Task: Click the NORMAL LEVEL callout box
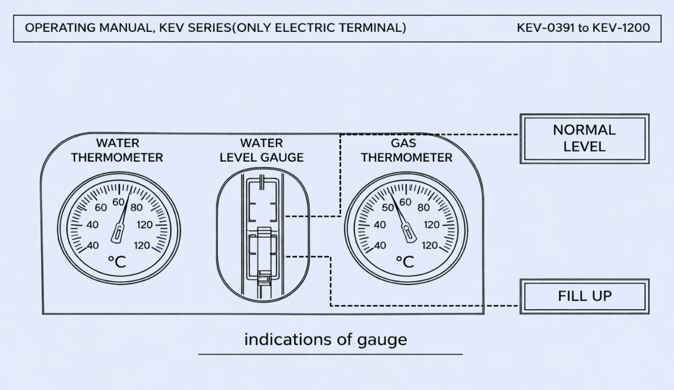(584, 138)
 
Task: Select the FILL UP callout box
(584, 296)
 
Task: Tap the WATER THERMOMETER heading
(117, 150)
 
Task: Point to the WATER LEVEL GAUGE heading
(261, 150)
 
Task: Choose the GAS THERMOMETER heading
(406, 150)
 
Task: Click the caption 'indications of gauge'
(325, 340)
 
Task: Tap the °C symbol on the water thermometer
(117, 262)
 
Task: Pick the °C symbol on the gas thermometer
(405, 262)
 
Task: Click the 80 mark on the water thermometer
(137, 208)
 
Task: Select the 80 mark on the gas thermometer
(423, 208)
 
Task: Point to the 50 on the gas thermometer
(388, 208)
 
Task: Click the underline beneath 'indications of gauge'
(330, 354)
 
